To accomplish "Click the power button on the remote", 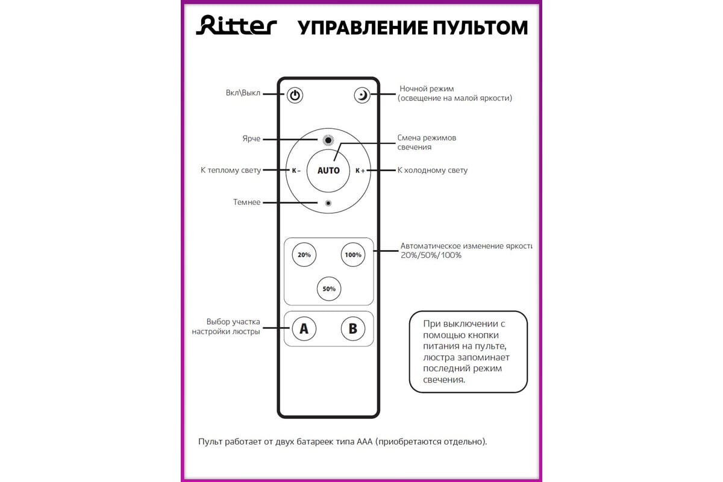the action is (295, 95).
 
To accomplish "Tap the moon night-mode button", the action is (362, 95).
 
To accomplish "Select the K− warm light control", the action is (296, 171).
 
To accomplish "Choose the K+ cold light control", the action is (360, 171).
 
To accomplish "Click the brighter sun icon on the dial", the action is (328, 140).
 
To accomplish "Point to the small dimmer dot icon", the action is (328, 203).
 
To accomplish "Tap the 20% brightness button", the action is (304, 255).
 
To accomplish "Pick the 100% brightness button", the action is (353, 255).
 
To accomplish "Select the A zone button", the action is (304, 329).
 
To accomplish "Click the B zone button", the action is (353, 329).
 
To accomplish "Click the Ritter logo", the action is (236, 25).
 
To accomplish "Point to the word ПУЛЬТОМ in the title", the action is (480, 28).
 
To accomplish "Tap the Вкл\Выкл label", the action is (243, 93).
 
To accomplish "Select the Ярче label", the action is (251, 139).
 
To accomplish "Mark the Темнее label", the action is (246, 202).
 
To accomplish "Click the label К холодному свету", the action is (432, 171).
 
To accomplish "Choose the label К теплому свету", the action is (231, 171).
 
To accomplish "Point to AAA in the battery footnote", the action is (365, 441).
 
